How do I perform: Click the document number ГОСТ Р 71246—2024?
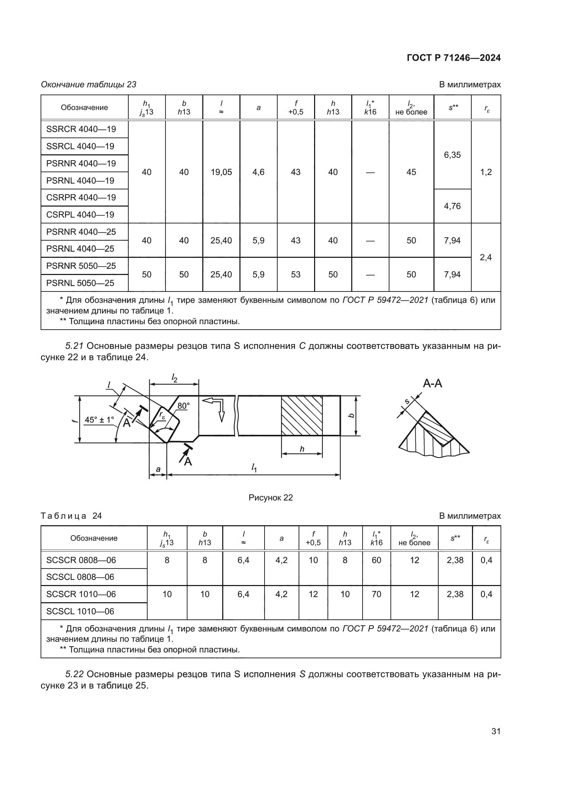453,58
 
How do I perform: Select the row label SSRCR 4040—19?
81,129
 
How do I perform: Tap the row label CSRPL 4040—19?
80,214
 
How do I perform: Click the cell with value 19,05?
221,172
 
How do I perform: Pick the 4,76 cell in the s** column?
452,206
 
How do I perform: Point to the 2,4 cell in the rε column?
486,257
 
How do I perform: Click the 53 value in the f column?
296,275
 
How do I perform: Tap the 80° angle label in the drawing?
183,406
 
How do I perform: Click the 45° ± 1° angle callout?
99,420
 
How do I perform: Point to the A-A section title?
432,384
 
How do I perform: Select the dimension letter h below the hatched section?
302,449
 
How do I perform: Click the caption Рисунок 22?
270,498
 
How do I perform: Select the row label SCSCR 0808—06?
81,560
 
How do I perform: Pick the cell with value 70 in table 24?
376,594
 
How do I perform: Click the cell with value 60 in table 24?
376,560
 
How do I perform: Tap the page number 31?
496,731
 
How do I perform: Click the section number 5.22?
74,674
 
